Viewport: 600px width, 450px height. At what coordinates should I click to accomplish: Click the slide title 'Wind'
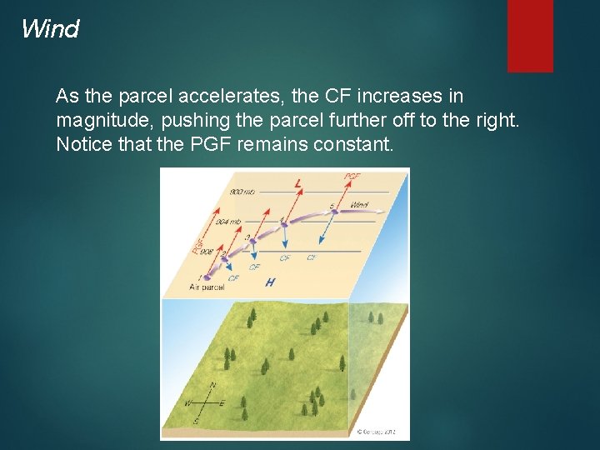tap(50, 29)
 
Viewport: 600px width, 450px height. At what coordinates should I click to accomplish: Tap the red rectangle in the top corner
tap(530, 35)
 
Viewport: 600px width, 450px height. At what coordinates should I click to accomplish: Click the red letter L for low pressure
tap(297, 183)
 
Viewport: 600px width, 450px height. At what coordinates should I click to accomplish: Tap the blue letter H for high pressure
tap(270, 282)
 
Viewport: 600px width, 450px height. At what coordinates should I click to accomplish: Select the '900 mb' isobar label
tap(242, 193)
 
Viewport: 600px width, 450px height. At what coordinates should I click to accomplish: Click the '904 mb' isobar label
tap(229, 222)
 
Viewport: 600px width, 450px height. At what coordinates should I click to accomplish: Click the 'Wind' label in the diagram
tap(359, 204)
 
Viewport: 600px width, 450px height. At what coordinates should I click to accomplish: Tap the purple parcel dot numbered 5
tap(334, 212)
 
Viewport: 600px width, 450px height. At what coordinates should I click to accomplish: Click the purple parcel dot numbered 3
tap(253, 242)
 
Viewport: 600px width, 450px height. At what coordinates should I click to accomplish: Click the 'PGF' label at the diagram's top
tap(352, 177)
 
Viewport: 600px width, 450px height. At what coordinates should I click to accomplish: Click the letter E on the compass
tap(222, 403)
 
